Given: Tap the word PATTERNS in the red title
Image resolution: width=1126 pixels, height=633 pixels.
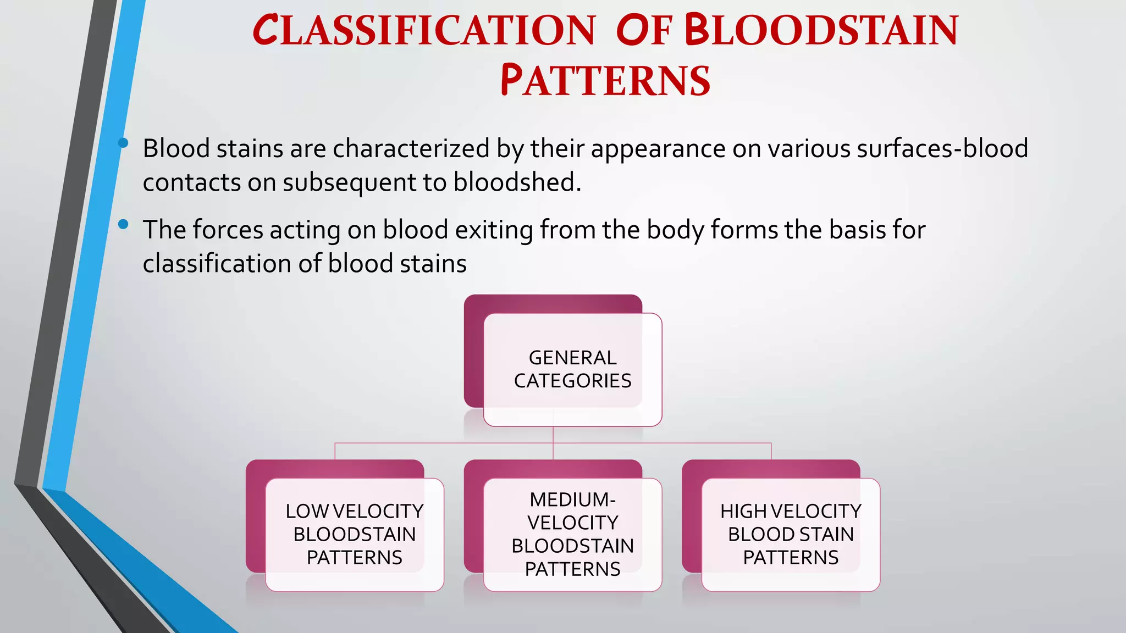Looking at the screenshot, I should [x=605, y=81].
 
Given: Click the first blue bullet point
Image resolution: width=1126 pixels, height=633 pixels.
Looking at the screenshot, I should [x=123, y=143].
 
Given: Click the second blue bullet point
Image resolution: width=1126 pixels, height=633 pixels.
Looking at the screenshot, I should [x=123, y=224].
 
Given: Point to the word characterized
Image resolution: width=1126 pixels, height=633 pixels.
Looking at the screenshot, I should [x=411, y=149].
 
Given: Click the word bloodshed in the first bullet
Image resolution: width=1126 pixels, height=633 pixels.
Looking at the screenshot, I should [x=517, y=182].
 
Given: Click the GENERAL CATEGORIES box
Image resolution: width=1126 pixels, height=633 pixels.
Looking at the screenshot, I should [x=572, y=369].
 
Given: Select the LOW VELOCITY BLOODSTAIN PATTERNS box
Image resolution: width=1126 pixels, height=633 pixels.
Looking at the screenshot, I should [x=354, y=534].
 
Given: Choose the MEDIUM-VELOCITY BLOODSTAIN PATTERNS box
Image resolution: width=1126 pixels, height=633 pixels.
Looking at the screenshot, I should [x=572, y=534].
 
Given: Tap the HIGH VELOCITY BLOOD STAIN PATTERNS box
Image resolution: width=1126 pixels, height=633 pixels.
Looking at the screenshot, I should [x=791, y=534].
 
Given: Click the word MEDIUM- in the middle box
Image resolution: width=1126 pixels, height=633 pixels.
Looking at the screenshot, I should [x=572, y=499].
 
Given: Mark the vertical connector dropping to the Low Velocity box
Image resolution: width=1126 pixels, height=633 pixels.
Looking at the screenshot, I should [x=335, y=451].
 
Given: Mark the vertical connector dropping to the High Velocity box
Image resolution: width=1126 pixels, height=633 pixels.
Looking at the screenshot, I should [x=771, y=451].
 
